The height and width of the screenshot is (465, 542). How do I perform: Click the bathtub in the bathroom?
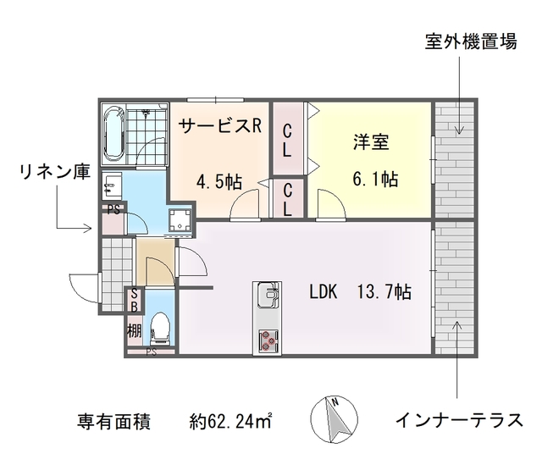click(113, 134)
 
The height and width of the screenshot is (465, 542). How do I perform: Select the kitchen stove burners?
click(268, 340)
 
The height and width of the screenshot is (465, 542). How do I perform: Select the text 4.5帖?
click(219, 181)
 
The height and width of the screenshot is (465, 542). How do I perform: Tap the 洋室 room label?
click(371, 141)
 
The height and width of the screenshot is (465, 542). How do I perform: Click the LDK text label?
click(323, 292)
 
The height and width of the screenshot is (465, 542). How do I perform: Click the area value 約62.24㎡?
click(231, 420)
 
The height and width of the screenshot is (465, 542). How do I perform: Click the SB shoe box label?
click(134, 300)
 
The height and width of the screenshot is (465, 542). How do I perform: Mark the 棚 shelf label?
click(134, 330)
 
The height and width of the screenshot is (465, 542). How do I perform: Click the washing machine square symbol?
click(180, 220)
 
